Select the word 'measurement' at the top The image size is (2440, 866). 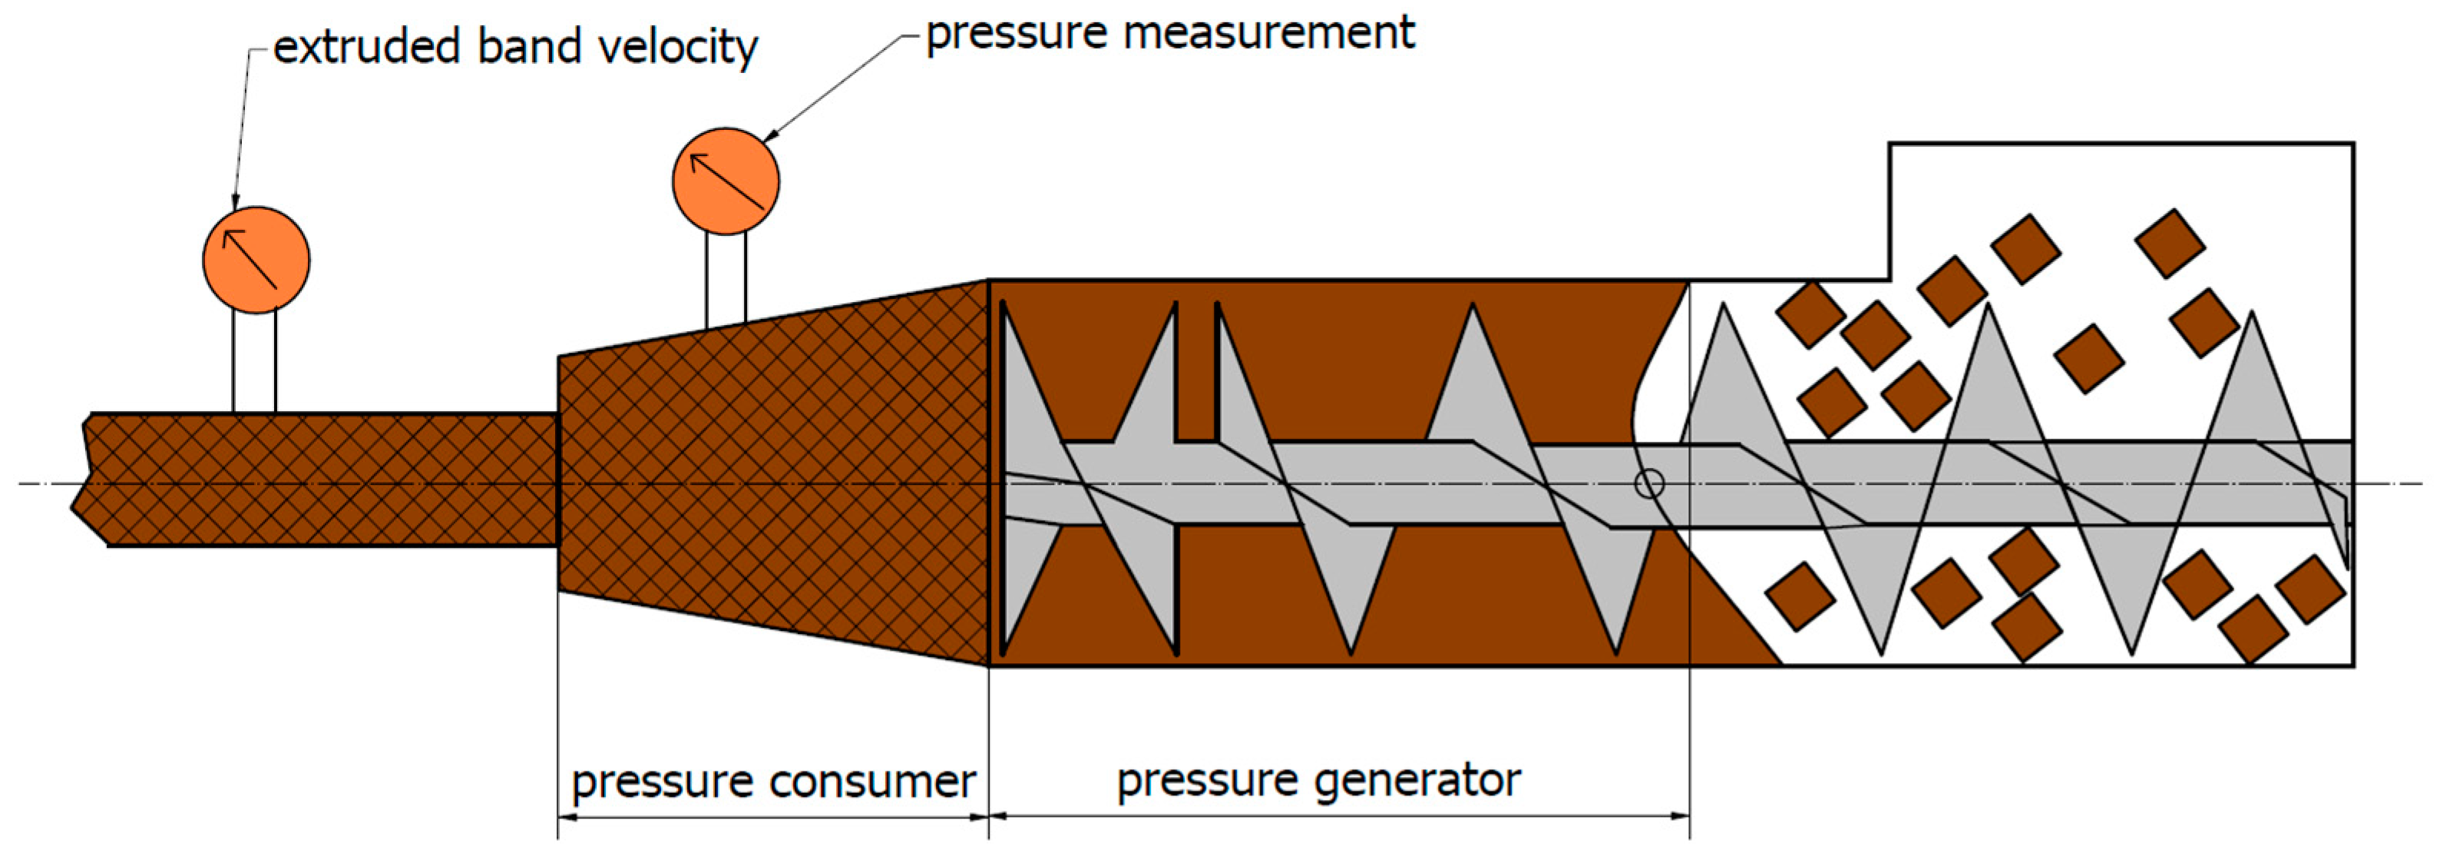tap(1268, 34)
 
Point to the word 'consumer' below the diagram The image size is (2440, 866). tap(872, 782)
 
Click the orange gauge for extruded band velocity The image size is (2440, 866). tap(256, 260)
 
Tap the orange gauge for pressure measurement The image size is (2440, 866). tap(726, 181)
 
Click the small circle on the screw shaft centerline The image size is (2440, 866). tap(1649, 484)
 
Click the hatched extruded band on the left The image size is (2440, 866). tap(322, 479)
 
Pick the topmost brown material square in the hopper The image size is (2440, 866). tap(2169, 244)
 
